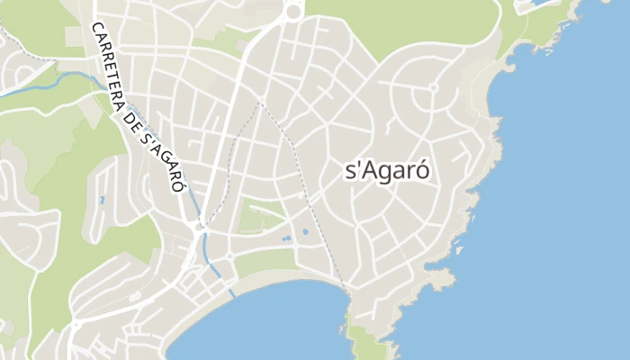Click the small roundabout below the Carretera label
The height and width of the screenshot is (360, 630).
coord(198,227)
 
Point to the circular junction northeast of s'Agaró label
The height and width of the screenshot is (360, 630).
coord(433,87)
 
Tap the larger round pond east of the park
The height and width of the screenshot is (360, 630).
coord(305,232)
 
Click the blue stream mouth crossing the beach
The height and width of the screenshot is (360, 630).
coord(233,292)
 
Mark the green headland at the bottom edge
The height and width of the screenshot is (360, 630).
coord(364,346)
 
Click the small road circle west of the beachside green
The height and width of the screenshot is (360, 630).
coord(230,256)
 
